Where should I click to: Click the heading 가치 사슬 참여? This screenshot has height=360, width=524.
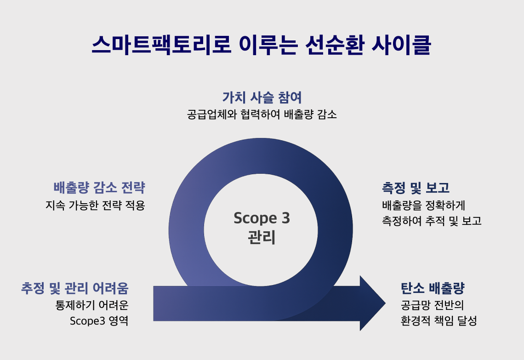coord(262,97)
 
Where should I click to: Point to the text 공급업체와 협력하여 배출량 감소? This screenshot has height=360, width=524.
coord(262,114)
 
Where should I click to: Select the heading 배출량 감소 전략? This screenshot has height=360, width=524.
coord(99,188)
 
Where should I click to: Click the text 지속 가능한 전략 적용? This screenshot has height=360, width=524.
coord(95,205)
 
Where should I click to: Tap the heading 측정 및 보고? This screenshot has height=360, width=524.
coord(416,188)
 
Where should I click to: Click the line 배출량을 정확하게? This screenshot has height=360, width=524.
coord(424,205)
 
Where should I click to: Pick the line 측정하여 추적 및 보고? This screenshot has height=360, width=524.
coord(431,221)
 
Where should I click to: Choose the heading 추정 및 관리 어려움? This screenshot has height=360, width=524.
coord(75,288)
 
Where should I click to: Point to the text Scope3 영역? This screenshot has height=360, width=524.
coord(99,320)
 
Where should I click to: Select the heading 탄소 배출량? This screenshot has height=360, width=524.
coord(433,288)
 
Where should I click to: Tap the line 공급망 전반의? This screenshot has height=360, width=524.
coord(432,305)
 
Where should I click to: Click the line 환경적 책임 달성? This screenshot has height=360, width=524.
coord(439,320)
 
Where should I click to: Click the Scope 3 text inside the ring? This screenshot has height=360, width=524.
coord(262,218)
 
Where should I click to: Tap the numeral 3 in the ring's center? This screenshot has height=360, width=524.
coord(285,218)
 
